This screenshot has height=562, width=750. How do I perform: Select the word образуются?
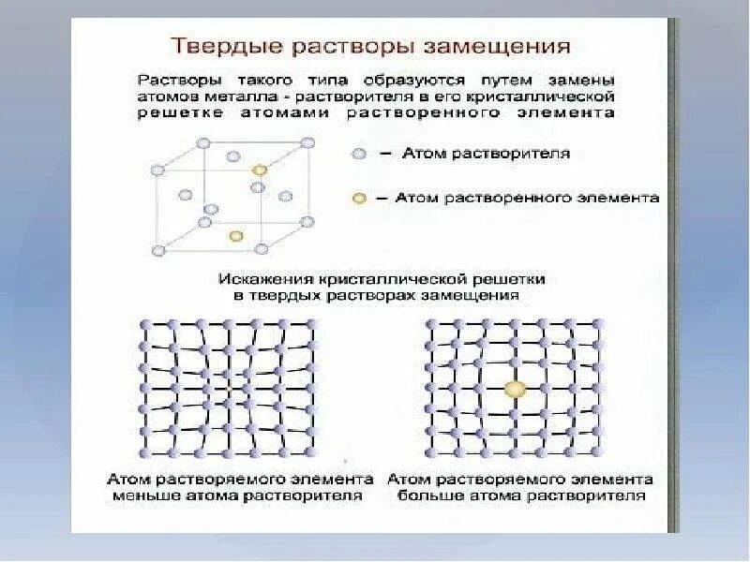click(427, 79)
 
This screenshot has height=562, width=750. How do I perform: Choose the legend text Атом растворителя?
click(487, 153)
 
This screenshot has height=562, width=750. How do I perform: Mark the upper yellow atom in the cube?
click(260, 170)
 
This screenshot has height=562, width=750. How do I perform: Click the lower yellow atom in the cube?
click(235, 236)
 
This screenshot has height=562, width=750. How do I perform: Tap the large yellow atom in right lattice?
click(514, 389)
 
